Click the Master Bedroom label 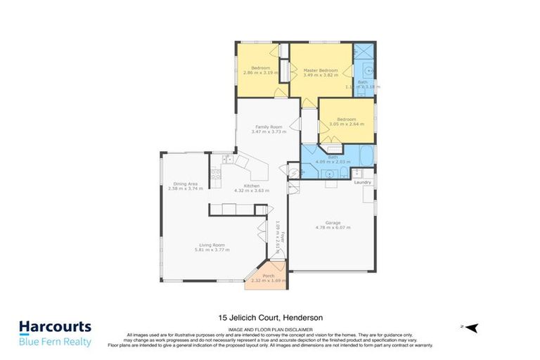321,70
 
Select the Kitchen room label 252,186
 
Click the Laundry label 363,183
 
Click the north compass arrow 472,327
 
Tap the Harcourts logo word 55,327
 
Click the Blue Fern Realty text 55,342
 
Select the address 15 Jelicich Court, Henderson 270,317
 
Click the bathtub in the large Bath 366,157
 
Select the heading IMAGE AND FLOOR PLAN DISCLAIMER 270,328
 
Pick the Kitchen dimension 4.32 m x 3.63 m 252,191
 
